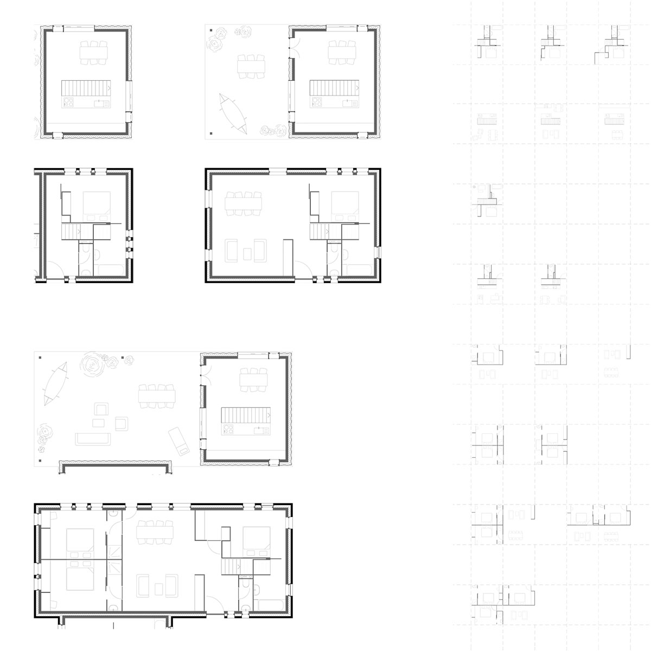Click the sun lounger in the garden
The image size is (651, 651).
pyautogui.click(x=179, y=440)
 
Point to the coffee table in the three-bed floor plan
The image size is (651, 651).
pyautogui.click(x=158, y=589)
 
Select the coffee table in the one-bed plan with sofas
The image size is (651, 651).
pyautogui.click(x=247, y=253)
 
